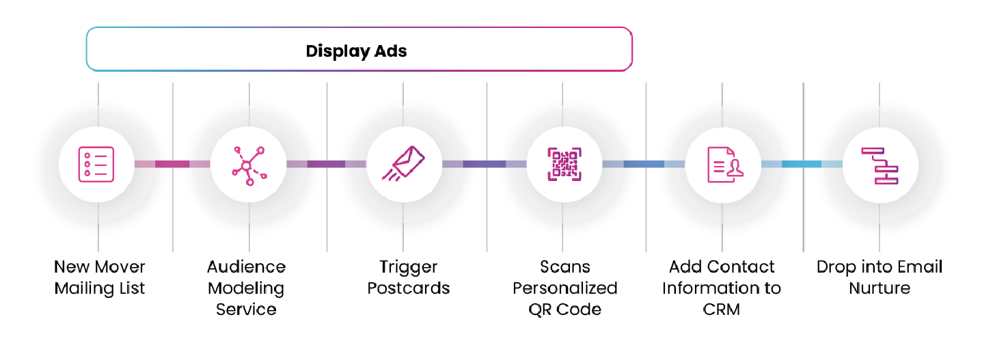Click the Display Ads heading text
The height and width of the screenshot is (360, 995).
coord(356,51)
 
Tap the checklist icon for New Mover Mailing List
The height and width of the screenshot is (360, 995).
coord(96,164)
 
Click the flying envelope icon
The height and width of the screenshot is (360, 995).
coord(405,165)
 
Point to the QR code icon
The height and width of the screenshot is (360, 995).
coord(564,165)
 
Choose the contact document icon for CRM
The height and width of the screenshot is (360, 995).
coord(724,165)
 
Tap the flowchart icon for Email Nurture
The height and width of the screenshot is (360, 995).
coord(880,165)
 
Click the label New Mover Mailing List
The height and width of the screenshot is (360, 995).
coord(100,277)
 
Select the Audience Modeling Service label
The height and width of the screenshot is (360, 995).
coord(246,288)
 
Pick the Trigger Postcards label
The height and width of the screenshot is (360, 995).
coord(409,277)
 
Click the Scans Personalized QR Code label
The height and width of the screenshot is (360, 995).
coord(565,288)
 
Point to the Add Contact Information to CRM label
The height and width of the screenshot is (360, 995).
coord(722,288)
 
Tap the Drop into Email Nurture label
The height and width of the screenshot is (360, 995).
coord(880,277)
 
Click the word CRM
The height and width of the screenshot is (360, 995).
coord(722,309)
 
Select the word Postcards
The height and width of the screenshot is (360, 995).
coord(409,288)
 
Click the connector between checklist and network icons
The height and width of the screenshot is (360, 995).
coord(172,164)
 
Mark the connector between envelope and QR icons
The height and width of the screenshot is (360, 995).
coord(485,164)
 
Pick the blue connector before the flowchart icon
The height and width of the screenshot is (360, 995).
coord(802,164)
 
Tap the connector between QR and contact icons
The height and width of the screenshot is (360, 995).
coord(644,164)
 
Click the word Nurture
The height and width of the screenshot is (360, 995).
coord(880,288)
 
